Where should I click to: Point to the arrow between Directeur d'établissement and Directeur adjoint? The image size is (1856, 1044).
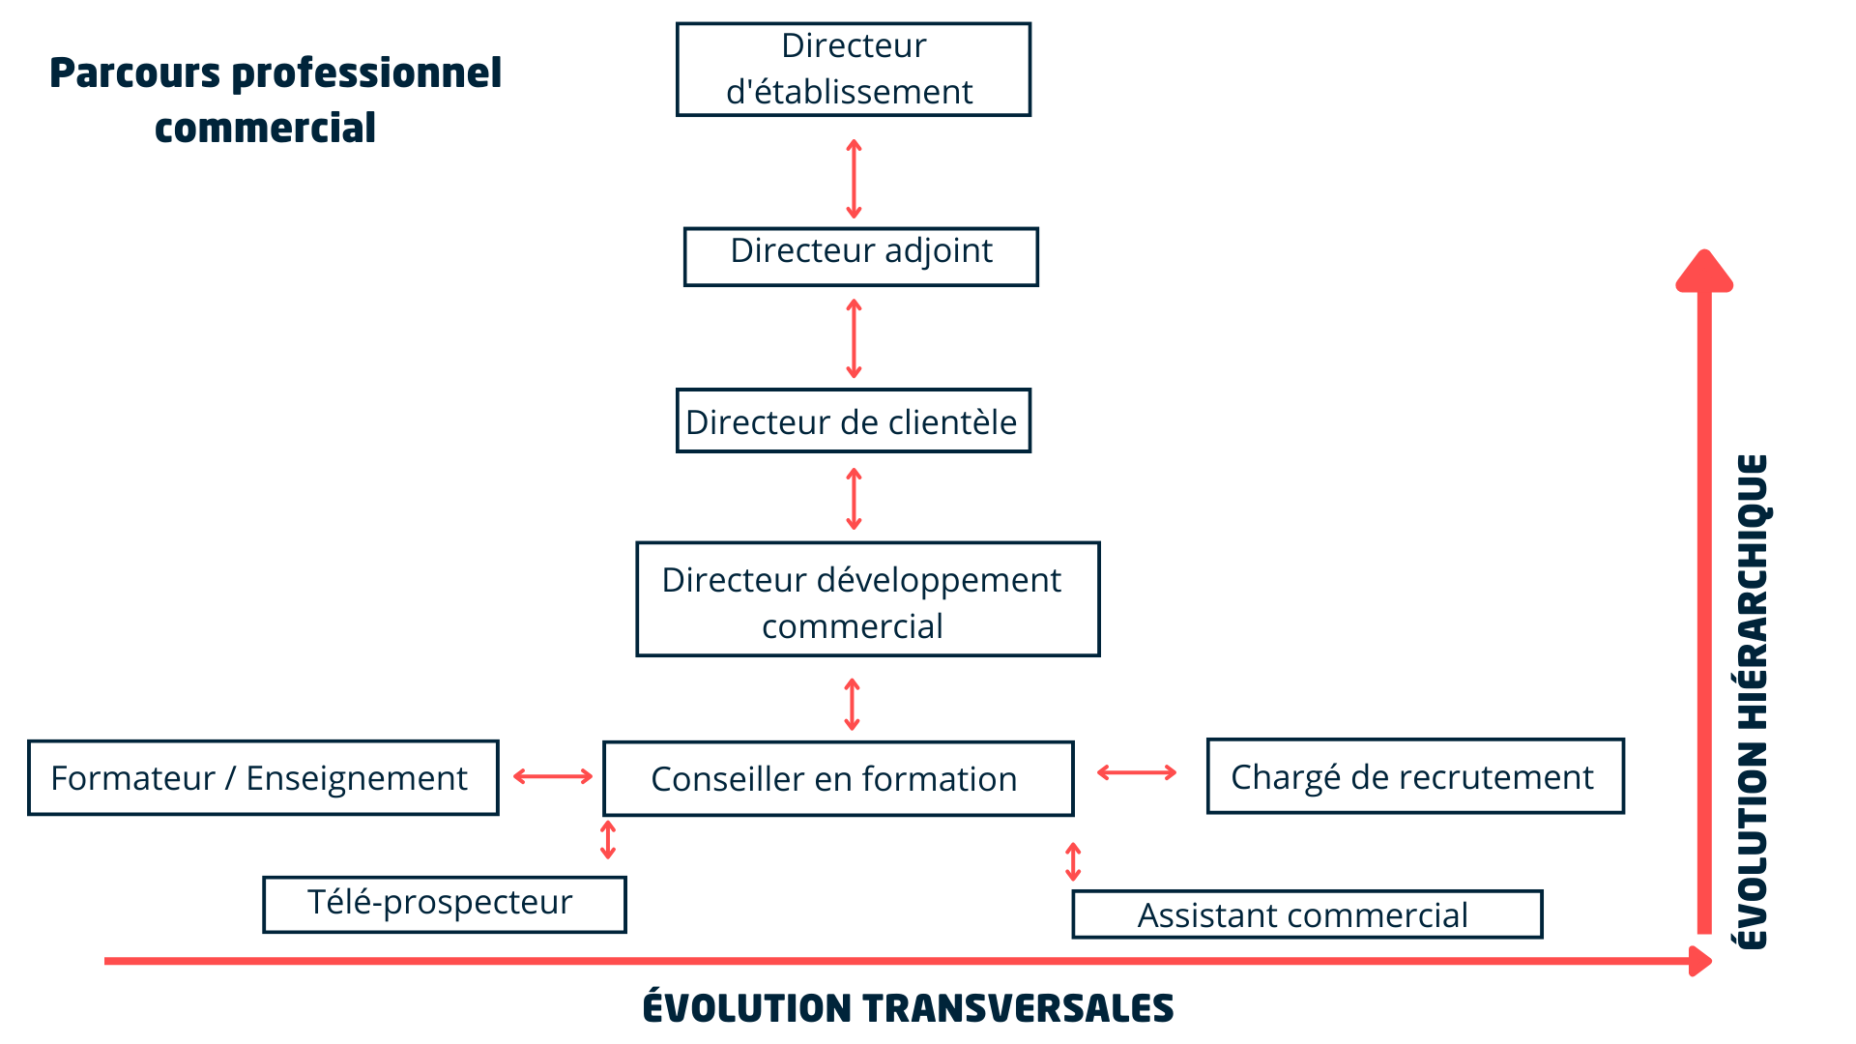(854, 179)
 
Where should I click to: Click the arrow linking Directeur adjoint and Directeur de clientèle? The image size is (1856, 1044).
(854, 338)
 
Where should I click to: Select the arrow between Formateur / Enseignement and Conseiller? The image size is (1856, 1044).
(553, 776)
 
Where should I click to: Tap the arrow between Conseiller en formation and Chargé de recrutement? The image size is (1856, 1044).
(1137, 772)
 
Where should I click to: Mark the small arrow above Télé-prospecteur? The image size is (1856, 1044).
(608, 840)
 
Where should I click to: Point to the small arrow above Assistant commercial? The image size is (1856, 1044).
(1073, 862)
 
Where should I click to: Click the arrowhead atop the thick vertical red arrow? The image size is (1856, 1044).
(1704, 271)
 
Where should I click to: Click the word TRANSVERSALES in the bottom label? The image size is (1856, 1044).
(1018, 1008)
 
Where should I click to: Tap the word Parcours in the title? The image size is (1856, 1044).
(135, 73)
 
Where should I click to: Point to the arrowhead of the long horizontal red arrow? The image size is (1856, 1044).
(1701, 961)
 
